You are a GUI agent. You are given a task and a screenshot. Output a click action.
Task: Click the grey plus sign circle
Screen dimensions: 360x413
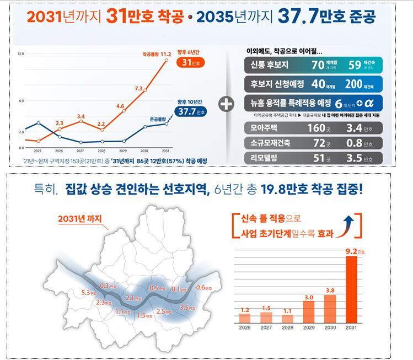[x=226, y=104]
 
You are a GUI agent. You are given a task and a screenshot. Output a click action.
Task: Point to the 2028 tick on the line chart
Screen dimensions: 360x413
[x=102, y=151]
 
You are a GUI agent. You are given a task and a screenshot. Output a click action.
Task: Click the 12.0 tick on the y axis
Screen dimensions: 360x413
[x=21, y=54]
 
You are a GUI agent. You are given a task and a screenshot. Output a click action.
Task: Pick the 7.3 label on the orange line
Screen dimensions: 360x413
[x=138, y=88]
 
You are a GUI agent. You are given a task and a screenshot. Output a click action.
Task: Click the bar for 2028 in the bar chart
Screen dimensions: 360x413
[x=287, y=318]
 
